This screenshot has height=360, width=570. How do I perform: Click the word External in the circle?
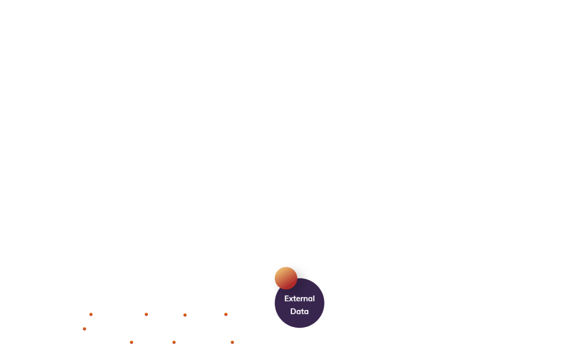(x=299, y=298)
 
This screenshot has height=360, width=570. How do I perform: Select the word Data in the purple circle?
(x=299, y=311)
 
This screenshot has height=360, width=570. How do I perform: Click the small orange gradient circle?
(x=286, y=278)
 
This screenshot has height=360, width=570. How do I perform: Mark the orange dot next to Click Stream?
(x=91, y=314)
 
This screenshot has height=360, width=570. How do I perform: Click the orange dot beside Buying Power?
(x=84, y=328)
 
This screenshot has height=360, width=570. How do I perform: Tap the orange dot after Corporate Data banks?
(x=131, y=342)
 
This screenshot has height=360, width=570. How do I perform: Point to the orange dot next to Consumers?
(x=146, y=314)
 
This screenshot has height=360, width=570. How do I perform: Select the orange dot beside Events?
(x=185, y=314)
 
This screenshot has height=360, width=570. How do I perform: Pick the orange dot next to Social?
(x=174, y=342)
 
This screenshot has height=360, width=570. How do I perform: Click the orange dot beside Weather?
(x=226, y=314)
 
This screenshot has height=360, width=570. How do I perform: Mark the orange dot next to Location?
(x=232, y=342)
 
